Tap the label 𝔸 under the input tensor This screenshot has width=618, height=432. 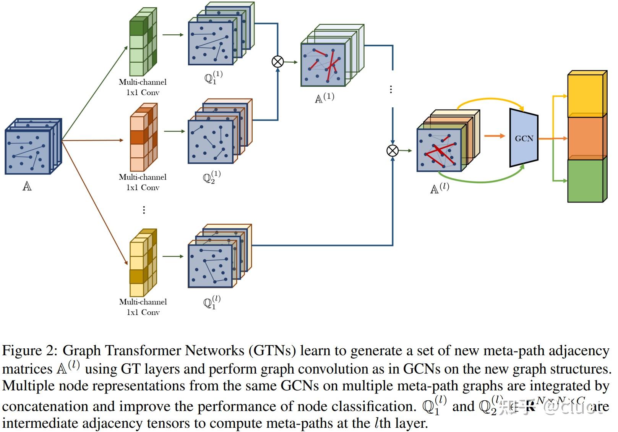coord(27,186)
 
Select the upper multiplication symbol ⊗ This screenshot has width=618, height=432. coord(277,61)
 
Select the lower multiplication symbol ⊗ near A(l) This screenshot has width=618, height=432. coord(393,150)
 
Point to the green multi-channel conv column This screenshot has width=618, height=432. coord(142,44)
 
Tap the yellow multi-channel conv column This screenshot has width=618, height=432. coord(143,264)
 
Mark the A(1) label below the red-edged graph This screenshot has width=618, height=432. coord(324,98)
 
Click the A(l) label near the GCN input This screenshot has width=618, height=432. coord(440,188)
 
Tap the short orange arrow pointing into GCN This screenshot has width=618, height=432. coord(495,136)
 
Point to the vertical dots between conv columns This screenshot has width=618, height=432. coord(144,210)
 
